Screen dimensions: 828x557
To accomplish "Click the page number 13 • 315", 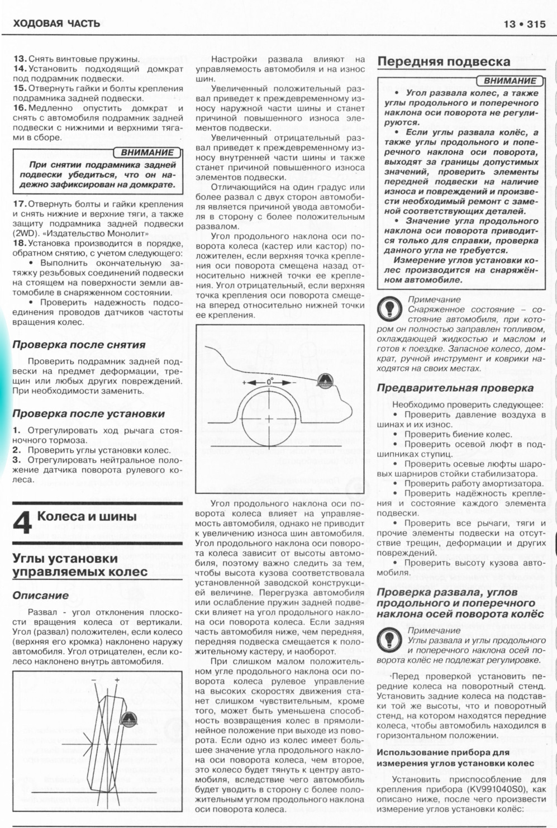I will tap(523, 23).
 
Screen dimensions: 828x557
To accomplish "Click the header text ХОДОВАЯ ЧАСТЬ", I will tap(56, 23).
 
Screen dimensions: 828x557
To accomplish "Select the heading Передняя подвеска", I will tap(444, 61).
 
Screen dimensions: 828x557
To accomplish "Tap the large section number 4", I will tap(22, 525).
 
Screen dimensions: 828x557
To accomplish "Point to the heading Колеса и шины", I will tap(87, 516).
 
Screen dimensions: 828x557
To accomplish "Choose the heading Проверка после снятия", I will tap(79, 345).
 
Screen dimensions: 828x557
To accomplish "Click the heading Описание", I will tap(40, 596).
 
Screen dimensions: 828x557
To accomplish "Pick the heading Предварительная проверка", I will tap(455, 388).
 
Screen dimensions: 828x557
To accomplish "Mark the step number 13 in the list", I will tap(20, 59).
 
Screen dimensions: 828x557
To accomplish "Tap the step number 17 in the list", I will tap(20, 204).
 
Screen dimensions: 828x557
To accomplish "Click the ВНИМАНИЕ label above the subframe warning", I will tap(147, 153).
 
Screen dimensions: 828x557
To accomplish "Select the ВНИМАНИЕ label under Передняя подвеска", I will tap(510, 81).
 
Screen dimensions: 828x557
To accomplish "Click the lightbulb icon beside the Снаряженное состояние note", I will tap(387, 308).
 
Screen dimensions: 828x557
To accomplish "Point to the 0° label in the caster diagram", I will tap(270, 380).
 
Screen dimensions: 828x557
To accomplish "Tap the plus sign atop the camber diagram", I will tap(117, 679).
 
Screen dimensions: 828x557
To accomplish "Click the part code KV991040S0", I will tap(488, 790).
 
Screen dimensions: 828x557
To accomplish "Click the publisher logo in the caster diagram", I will tap(324, 380).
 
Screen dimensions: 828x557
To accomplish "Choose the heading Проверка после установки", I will tap(88, 413).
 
